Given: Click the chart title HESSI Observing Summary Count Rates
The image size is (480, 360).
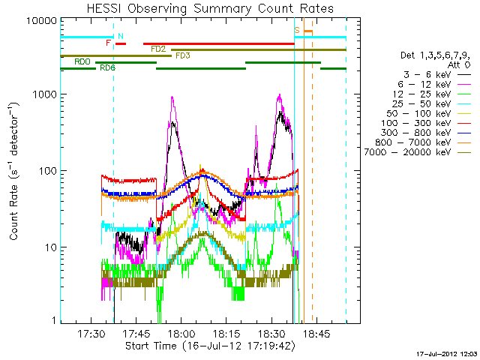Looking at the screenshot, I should pyautogui.click(x=210, y=8).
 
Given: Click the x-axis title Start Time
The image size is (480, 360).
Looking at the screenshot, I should pyautogui.click(x=210, y=346).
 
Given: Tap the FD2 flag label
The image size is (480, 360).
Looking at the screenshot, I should pyautogui.click(x=158, y=49).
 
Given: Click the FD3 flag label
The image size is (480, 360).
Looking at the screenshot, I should pyautogui.click(x=182, y=55).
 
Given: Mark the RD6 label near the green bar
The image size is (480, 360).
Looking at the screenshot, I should pyautogui.click(x=107, y=68).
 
